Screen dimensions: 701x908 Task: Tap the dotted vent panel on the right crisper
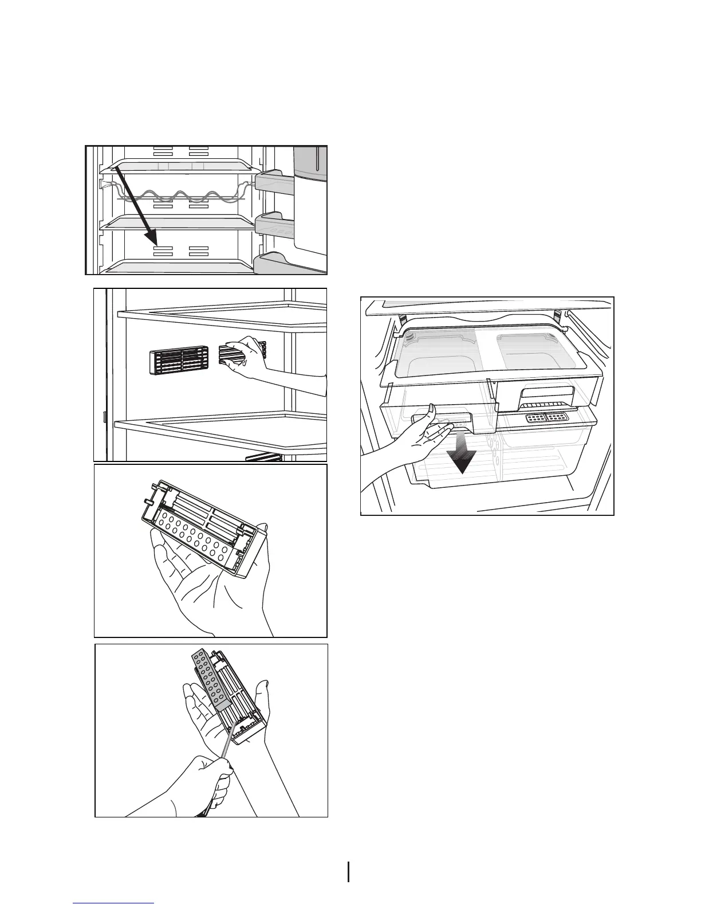click(547, 418)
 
